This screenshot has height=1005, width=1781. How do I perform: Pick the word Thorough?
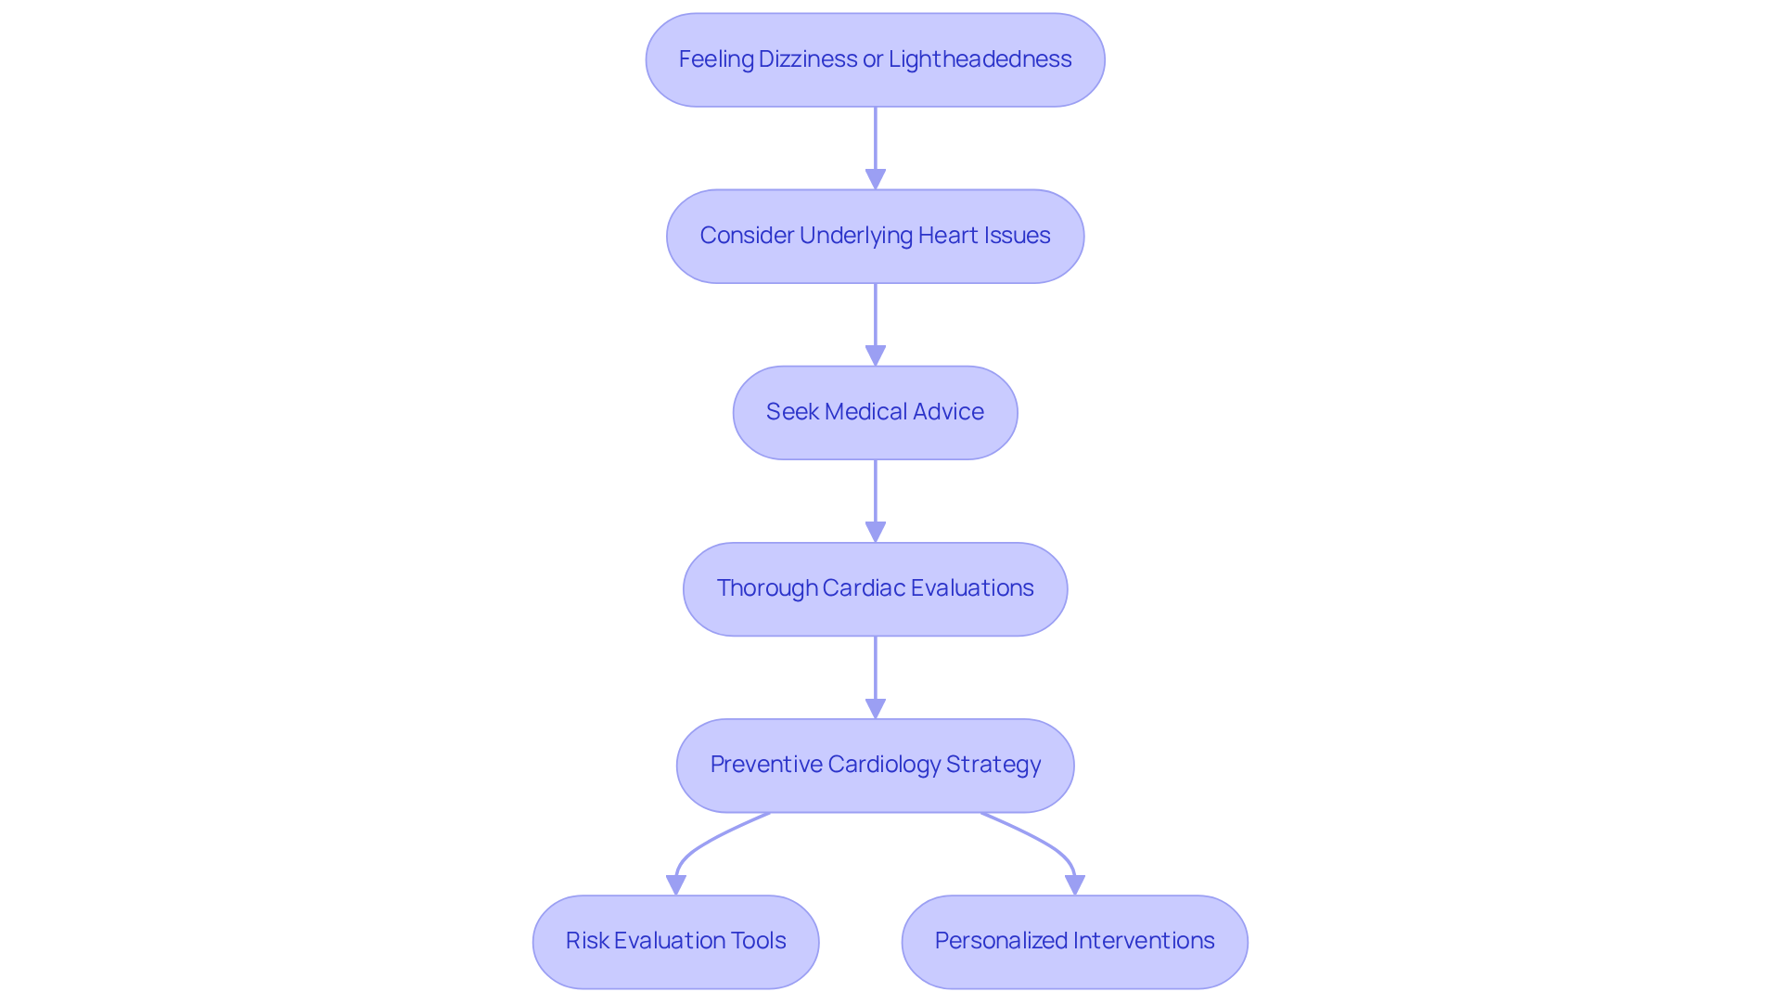click(765, 588)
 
